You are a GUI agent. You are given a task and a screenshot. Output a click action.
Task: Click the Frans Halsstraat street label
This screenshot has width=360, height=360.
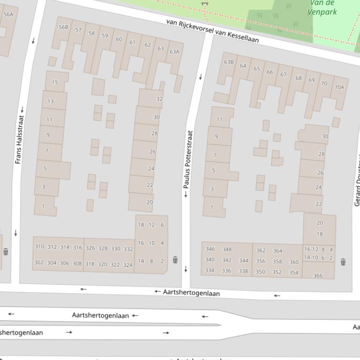(19, 139)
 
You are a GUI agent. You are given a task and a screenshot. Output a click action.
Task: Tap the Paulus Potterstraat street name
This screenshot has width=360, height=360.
(188, 159)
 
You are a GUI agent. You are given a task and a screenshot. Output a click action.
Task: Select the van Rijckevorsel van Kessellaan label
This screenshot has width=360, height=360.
(212, 31)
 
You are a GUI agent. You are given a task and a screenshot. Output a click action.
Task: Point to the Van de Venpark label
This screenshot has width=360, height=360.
(322, 7)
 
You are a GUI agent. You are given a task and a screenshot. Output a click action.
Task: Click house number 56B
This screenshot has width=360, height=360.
(63, 27)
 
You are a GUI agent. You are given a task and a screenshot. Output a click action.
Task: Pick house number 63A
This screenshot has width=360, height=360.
(174, 51)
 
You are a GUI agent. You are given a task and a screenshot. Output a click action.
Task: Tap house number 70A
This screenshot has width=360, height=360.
(339, 87)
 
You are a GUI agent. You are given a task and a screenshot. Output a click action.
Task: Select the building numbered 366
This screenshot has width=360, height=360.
(318, 275)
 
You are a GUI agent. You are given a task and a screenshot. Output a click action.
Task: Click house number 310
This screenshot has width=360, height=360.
(39, 246)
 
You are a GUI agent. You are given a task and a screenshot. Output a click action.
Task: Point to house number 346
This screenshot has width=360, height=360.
(210, 249)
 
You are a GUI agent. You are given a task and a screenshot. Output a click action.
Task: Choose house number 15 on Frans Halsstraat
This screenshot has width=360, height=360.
(55, 82)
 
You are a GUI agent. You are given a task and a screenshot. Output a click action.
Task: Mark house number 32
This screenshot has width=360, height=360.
(159, 99)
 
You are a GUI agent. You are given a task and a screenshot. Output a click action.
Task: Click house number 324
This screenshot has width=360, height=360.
(128, 265)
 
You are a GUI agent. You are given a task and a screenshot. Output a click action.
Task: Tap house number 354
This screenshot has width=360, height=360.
(294, 273)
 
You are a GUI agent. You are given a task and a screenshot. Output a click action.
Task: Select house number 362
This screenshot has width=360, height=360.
(261, 250)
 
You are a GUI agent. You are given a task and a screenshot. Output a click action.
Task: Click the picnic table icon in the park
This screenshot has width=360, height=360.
(204, 3)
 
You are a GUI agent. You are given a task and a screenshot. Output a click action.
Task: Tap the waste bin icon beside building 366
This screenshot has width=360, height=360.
(343, 262)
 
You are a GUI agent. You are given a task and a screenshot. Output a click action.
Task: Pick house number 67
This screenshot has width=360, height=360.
(283, 74)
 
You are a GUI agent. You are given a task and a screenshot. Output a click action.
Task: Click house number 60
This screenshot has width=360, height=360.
(119, 39)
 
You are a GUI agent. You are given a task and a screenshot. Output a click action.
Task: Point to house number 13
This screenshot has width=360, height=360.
(50, 101)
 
